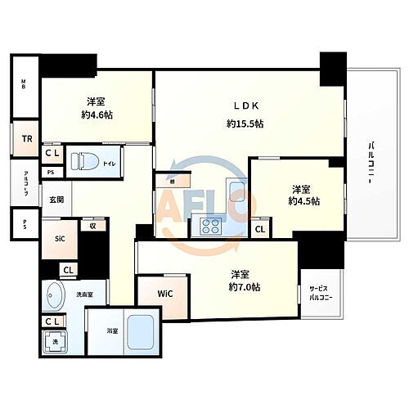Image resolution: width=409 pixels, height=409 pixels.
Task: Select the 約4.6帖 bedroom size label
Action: click(97, 115)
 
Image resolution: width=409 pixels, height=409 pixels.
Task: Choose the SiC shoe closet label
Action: click(60, 239)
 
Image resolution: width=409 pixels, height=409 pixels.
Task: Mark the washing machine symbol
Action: click(55, 344)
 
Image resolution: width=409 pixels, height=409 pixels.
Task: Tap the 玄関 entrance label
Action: click(56, 200)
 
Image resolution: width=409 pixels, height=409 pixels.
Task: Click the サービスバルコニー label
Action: click(319, 294)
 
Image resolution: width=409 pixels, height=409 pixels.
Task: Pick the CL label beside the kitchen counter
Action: click(259, 229)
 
